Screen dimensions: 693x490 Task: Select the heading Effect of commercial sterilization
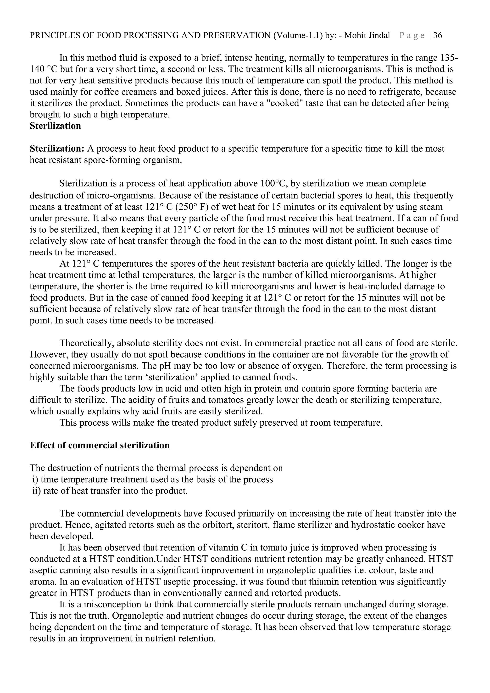100,445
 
